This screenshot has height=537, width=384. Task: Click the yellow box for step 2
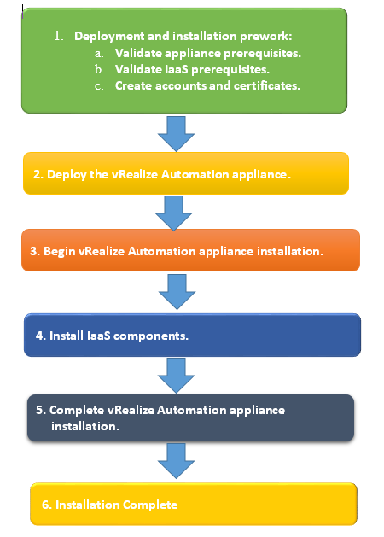(184, 174)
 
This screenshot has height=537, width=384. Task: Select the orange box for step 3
(184, 252)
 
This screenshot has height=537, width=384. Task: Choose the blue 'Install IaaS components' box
(193, 336)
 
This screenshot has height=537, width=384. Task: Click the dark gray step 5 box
(190, 417)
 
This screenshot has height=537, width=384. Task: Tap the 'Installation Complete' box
(193, 505)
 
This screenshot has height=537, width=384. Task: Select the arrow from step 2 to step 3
(175, 213)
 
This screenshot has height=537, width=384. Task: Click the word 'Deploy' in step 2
(65, 174)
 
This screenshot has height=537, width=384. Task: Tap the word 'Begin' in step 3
(60, 252)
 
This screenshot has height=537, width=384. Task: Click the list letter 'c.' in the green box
(100, 85)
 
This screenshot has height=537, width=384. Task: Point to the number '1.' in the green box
(60, 37)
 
